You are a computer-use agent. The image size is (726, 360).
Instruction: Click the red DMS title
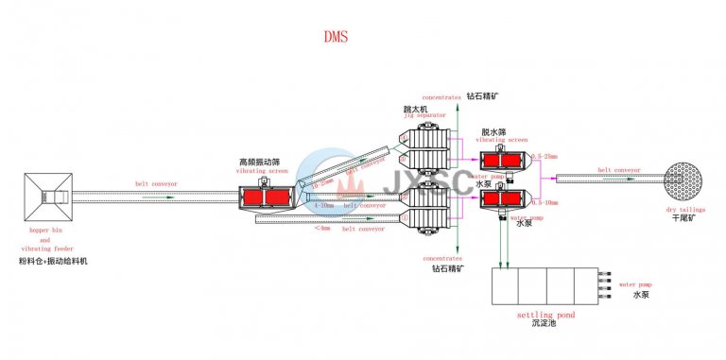[x=336, y=38]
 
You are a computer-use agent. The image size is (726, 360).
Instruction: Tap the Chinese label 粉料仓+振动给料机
[x=52, y=261]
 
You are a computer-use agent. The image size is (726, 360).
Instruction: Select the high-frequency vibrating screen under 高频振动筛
[x=264, y=197]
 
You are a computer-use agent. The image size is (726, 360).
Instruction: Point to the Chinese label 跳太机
[x=416, y=109]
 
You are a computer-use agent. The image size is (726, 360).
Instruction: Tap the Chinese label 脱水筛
[x=494, y=131]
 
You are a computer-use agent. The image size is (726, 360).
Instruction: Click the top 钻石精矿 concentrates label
[x=481, y=96]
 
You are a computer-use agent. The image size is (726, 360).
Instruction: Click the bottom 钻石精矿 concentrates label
[x=446, y=268]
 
